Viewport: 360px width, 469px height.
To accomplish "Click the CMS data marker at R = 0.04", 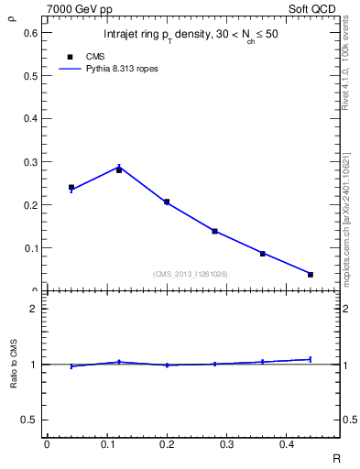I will coord(71,187).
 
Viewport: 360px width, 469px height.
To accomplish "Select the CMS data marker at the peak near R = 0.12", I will coord(119,170).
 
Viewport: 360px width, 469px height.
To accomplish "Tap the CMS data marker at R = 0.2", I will coord(167,202).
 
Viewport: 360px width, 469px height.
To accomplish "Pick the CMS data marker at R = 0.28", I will coord(214,231).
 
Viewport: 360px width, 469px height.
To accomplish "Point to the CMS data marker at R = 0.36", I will coord(262,254).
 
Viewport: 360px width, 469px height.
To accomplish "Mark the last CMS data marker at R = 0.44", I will coord(311,275).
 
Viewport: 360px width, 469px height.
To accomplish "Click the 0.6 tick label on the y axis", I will coord(31,33).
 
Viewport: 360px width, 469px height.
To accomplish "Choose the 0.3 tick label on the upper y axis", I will coord(31,162).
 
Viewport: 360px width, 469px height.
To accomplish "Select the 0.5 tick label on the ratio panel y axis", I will coord(31,420).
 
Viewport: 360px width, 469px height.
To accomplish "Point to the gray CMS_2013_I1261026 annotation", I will coord(191,274).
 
